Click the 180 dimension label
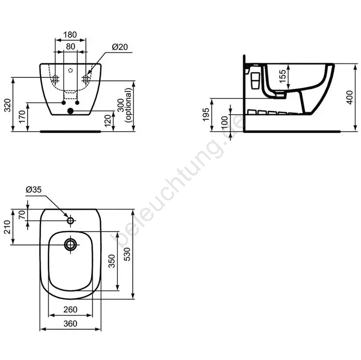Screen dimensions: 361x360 click(x=70, y=35)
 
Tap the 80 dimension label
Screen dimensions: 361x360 click(x=71, y=46)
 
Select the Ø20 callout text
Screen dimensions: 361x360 click(x=120, y=47)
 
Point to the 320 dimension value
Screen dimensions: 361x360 click(x=8, y=105)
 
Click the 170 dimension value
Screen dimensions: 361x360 click(x=22, y=117)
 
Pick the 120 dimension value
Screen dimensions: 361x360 click(x=107, y=121)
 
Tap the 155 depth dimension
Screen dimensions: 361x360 click(x=282, y=76)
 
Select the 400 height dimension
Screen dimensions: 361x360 click(x=349, y=97)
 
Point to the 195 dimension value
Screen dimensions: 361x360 click(x=206, y=114)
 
